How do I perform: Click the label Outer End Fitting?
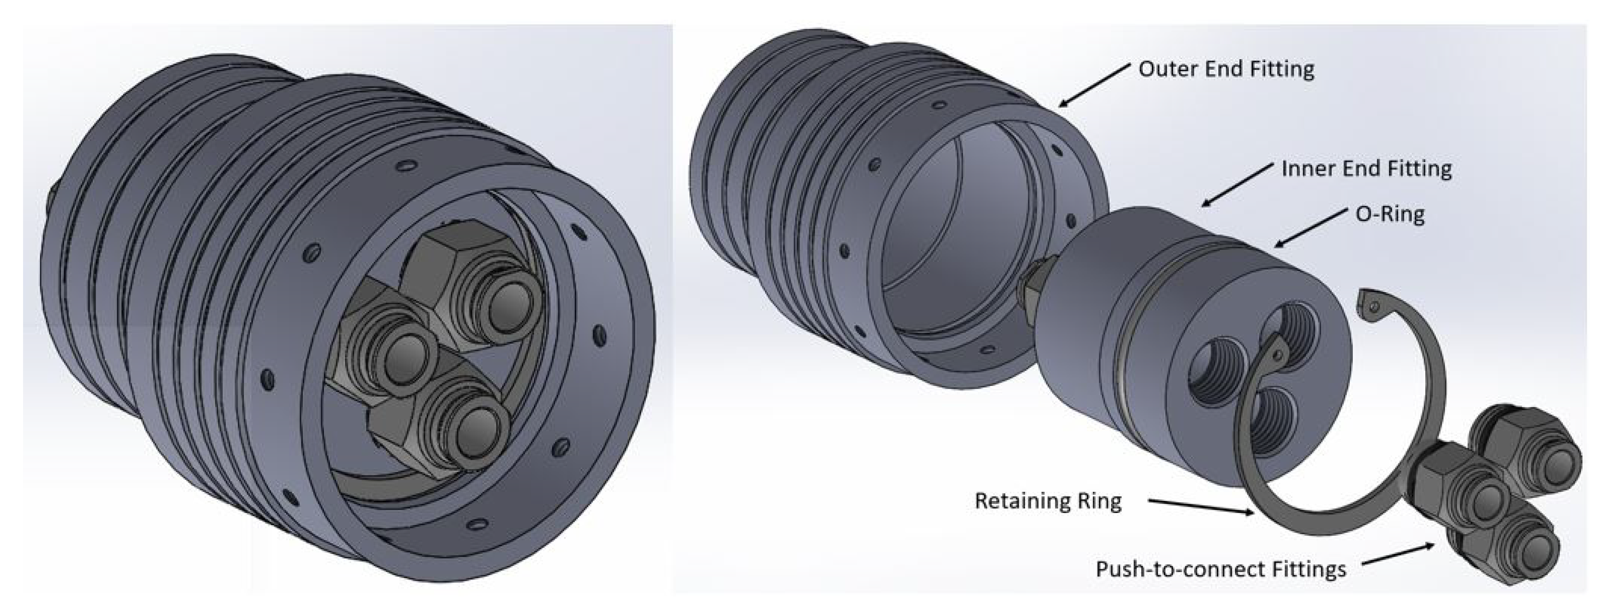point(1226,69)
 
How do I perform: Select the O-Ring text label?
point(1390,215)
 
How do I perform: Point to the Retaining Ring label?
point(1048,501)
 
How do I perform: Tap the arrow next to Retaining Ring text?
point(1200,507)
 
